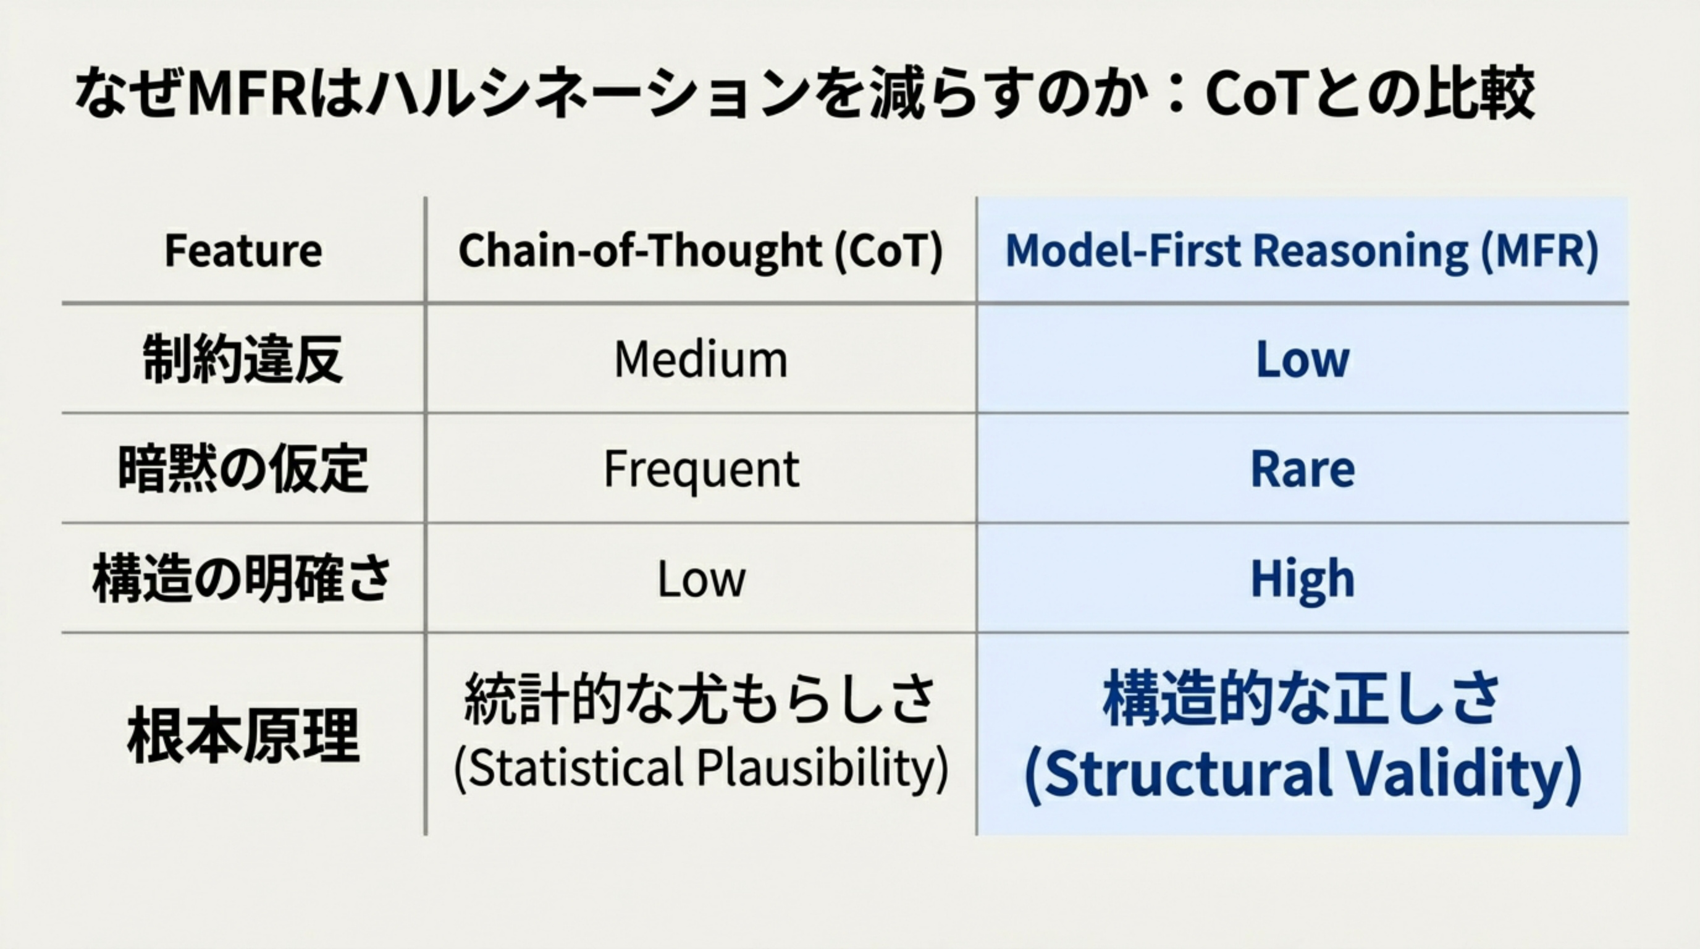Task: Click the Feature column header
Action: [243, 251]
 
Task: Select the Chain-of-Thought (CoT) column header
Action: [701, 251]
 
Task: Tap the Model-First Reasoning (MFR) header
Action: [1302, 251]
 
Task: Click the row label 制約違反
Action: [243, 360]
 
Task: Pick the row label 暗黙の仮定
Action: [243, 469]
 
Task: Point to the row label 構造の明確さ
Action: [243, 579]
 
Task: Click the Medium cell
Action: [701, 360]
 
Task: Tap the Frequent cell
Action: [701, 469]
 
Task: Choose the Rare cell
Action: [1302, 469]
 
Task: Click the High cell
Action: [1302, 579]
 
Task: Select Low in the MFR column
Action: [1302, 360]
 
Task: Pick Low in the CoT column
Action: [701, 579]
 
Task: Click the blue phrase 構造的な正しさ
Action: [1302, 698]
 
